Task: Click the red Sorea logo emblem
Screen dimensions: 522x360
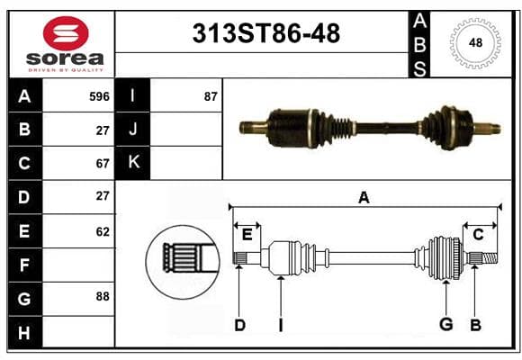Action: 66,33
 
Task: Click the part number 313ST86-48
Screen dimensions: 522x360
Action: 266,33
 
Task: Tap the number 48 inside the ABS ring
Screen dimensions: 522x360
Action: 475,43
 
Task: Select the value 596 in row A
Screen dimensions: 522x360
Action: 99,96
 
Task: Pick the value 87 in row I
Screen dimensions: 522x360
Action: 211,96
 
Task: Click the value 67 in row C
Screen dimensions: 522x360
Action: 103,164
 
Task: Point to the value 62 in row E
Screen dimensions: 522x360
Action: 103,231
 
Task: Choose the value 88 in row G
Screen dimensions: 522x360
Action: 103,296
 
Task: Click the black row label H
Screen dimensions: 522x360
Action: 25,332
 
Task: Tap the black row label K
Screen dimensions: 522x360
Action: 132,163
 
